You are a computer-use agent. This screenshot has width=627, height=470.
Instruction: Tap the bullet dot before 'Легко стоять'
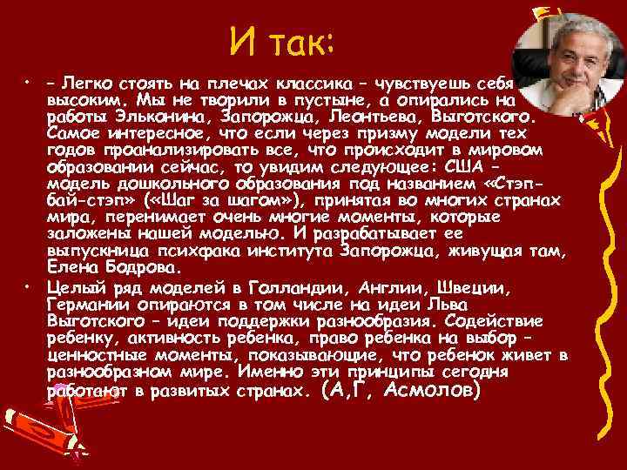click(28, 85)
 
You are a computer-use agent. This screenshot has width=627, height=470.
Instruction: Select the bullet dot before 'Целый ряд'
click(28, 285)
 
